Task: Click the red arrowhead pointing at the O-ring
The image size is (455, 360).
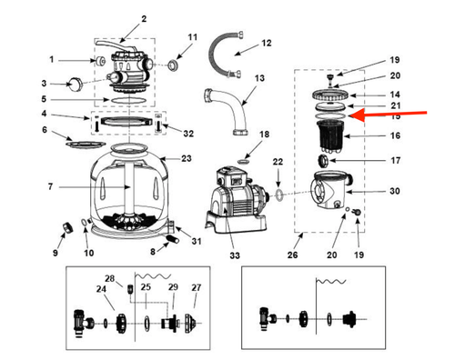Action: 357,115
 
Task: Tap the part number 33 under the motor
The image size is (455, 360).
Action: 235,255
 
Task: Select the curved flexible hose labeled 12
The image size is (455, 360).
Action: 223,55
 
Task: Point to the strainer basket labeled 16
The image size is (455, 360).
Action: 329,135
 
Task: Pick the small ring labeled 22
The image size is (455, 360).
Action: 279,195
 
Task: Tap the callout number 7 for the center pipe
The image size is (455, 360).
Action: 50,186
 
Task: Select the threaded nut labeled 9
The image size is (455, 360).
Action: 67,227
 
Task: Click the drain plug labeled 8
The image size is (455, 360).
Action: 172,239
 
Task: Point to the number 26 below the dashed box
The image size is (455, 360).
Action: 292,255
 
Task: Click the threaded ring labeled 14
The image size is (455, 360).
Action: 330,95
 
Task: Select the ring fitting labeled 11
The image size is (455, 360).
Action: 174,65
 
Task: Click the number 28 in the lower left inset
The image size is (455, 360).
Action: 110,278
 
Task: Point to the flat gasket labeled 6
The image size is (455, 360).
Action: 86,145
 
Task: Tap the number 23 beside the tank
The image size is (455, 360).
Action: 187,158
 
